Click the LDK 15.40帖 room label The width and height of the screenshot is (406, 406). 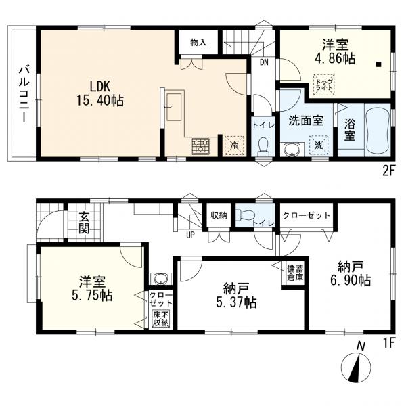click(x=98, y=93)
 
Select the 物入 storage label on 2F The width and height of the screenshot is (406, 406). click(x=198, y=42)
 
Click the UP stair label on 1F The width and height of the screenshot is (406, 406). click(x=190, y=236)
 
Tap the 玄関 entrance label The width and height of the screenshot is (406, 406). click(x=83, y=223)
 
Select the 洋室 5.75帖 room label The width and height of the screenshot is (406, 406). click(x=89, y=289)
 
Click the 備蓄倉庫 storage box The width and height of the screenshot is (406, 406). click(x=294, y=273)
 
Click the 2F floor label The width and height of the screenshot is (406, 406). click(x=386, y=170)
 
